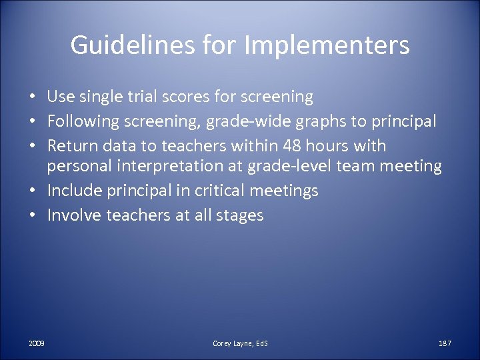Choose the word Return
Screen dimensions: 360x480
tap(71, 145)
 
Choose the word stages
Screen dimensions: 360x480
tap(239, 215)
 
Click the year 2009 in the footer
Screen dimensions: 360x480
tap(37, 343)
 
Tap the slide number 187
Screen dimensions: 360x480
tap(445, 343)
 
